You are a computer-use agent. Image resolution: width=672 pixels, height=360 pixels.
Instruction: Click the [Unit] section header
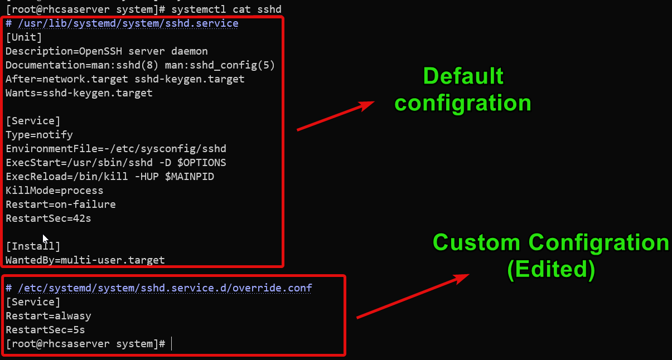24,37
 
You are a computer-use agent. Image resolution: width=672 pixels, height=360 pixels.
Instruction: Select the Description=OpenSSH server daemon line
107,51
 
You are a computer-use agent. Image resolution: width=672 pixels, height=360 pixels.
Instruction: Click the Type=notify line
39,135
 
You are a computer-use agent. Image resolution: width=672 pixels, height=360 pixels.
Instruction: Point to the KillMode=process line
54,191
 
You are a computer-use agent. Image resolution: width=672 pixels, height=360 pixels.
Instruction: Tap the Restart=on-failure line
61,205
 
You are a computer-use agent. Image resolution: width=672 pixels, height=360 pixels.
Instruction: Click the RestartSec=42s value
49,218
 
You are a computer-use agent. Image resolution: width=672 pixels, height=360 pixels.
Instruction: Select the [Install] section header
33,246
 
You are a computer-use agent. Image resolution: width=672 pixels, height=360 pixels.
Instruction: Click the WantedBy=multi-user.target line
85,260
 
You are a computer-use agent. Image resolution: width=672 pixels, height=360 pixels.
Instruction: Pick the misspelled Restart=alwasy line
49,316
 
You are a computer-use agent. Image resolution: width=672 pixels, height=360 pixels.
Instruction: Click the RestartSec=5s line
45,330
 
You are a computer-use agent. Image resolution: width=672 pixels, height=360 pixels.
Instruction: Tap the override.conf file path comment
159,288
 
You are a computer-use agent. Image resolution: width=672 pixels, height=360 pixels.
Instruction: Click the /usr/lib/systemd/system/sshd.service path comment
122,23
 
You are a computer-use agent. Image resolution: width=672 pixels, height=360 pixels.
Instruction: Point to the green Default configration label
463,89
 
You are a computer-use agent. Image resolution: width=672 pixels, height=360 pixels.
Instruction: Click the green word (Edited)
551,269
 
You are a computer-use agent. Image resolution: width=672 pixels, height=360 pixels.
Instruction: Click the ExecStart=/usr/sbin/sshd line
116,163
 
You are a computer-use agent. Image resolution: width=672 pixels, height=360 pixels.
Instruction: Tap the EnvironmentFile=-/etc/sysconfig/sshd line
116,149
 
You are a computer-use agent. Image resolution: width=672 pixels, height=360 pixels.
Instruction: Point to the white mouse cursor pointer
46,239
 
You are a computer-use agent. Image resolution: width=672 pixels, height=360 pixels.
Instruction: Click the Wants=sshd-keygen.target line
79,93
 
